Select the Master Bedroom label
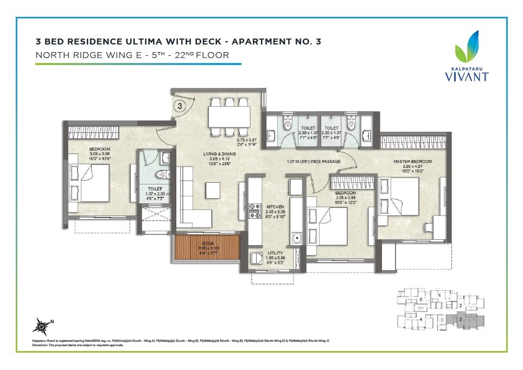[x=413, y=162]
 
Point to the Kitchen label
[x=272, y=207]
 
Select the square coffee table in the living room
[x=213, y=190]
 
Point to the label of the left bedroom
[x=100, y=149]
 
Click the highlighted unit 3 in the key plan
[x=460, y=320]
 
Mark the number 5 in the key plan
[x=421, y=299]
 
